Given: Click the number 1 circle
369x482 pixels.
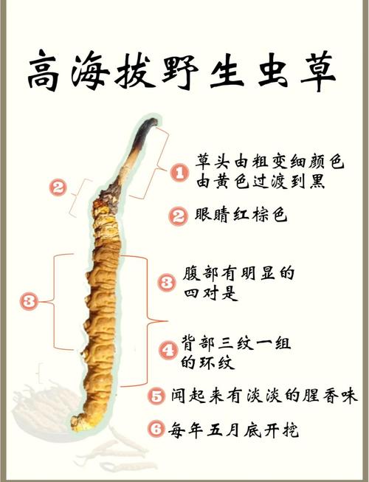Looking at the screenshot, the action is (x=179, y=172).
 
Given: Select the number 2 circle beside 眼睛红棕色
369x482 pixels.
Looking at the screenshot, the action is (x=178, y=216).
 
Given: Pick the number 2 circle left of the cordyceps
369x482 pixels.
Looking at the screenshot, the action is (x=58, y=187).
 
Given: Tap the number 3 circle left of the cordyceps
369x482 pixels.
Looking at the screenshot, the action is (x=30, y=301).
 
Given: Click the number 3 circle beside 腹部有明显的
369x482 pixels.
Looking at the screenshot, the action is (x=167, y=283).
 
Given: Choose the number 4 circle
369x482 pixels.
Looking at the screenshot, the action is (x=168, y=351).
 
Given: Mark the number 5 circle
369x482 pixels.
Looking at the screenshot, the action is (x=156, y=396).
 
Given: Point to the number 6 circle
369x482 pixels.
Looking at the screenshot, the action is (x=156, y=428).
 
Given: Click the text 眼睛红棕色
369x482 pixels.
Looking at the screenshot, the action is (x=241, y=215).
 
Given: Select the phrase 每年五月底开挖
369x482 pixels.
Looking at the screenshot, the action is (x=233, y=429).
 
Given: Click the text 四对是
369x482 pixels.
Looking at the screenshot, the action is (x=211, y=293).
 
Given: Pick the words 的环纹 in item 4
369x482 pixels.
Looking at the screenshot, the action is (x=207, y=362).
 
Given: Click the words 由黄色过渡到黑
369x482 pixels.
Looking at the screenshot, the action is (x=261, y=182).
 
